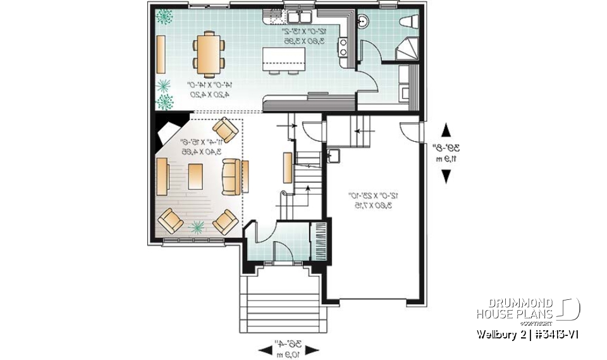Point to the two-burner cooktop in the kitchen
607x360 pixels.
point(343,46)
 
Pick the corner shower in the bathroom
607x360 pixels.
point(407,49)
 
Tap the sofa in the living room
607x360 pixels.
point(233,177)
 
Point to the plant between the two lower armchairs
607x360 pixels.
point(198,226)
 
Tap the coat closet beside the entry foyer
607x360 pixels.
point(319,238)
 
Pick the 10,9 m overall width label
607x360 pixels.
point(287,354)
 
